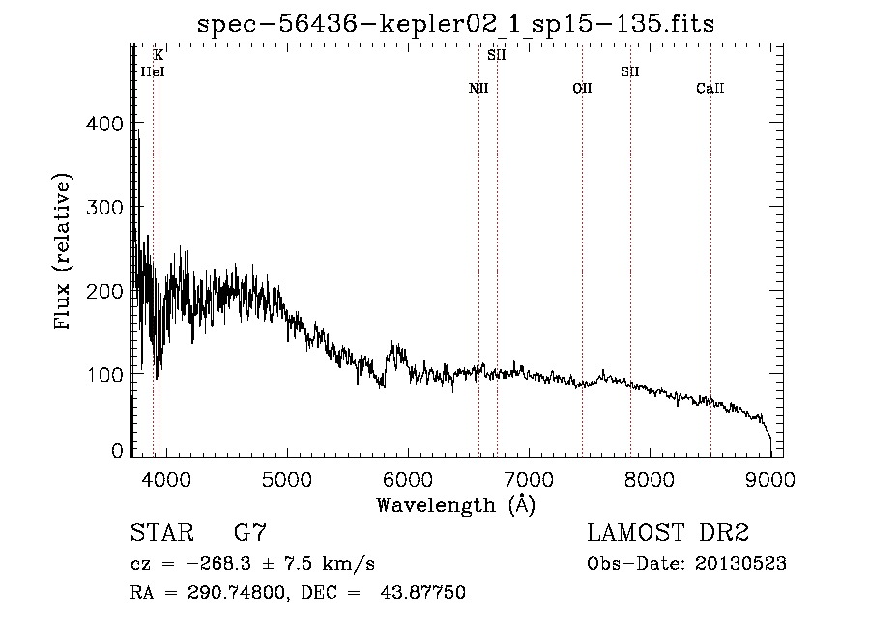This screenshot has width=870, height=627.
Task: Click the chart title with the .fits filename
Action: point(455,24)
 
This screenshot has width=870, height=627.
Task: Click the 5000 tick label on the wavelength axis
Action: point(285,477)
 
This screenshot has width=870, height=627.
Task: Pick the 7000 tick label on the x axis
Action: point(528,477)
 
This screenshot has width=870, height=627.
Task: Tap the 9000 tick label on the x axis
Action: point(770,477)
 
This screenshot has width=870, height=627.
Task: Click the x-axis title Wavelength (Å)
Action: point(455,504)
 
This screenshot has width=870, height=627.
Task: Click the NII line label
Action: point(478,89)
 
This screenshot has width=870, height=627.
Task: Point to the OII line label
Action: point(582,89)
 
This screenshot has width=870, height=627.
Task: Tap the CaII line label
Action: point(710,89)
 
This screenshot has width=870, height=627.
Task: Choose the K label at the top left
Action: point(159,56)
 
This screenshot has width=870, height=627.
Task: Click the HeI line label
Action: point(153,71)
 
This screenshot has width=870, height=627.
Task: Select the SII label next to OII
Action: point(630,71)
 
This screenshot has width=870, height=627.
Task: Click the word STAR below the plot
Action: point(160,533)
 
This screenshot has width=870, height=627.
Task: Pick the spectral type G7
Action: point(249,533)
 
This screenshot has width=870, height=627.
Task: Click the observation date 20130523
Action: point(741,564)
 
